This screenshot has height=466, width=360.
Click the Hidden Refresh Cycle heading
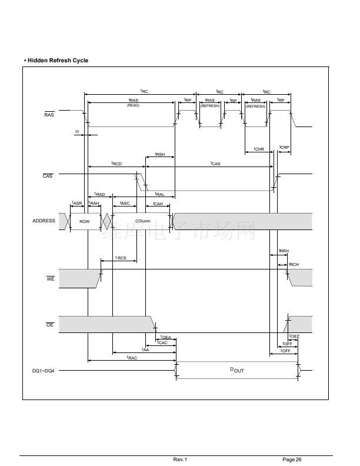[x=56, y=61]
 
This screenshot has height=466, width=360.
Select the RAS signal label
[x=49, y=114]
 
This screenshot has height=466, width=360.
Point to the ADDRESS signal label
[x=44, y=221]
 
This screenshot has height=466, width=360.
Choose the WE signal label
[x=51, y=278]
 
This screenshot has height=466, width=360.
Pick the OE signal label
[x=51, y=325]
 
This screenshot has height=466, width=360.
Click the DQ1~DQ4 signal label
[x=43, y=371]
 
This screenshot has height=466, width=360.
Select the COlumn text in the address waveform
[x=142, y=221]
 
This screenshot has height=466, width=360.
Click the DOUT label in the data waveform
[x=236, y=370]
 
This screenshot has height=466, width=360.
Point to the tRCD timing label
[x=116, y=163]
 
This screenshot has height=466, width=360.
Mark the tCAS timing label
[x=215, y=163]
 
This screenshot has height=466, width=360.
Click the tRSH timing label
[x=160, y=154]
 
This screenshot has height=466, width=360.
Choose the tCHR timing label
[x=259, y=149]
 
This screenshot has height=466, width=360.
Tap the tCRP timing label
[x=284, y=147]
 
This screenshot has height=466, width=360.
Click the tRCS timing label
[x=121, y=258]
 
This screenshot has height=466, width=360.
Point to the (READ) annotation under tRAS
[x=132, y=105]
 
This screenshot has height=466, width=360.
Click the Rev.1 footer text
[x=180, y=459]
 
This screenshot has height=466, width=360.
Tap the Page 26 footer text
[x=292, y=459]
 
